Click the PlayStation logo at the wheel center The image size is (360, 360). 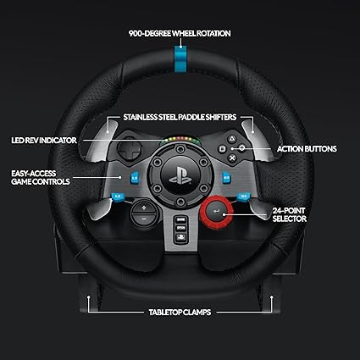pos(180,175)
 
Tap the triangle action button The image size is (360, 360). pos(232,139)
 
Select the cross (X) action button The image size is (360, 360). pos(232,158)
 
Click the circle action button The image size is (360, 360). pos(242,148)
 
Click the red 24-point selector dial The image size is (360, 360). pos(217,211)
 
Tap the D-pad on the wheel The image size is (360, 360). pos(130,149)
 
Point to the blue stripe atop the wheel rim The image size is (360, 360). pos(180,59)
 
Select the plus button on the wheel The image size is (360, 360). pos(144,208)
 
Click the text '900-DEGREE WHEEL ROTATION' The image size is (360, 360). pos(180,34)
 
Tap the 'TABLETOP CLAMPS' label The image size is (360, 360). pos(180,313)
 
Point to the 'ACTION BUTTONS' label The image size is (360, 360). pos(307,149)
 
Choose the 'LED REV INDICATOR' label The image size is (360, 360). pos(44,141)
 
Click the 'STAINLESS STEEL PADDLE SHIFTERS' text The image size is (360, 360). pos(180,117)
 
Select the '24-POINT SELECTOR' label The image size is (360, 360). pos(290,214)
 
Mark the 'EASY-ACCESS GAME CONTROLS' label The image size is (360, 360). pos(41,177)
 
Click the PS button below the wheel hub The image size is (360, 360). pos(180,237)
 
